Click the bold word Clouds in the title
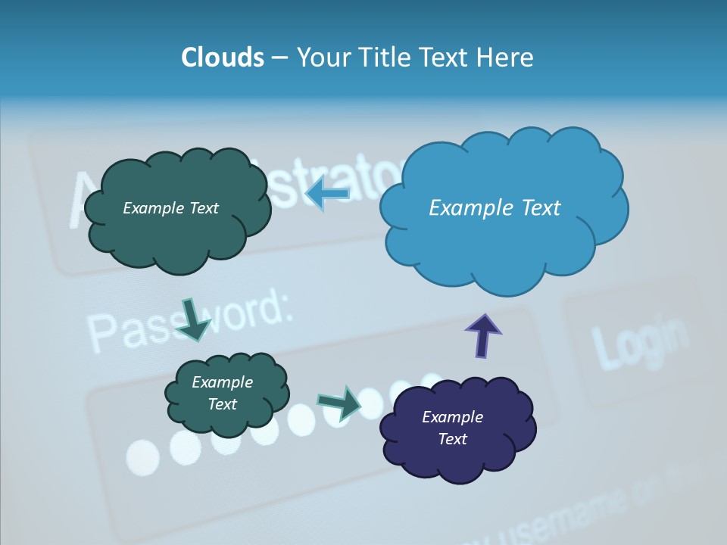coord(222,58)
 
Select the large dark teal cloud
coord(176,235)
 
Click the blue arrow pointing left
coord(327,195)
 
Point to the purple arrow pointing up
coord(482,334)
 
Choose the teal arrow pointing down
coord(194,318)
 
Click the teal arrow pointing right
coord(339,402)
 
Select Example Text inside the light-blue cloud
coord(495,208)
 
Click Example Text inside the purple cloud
coord(452,428)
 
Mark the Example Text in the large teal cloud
coord(170,208)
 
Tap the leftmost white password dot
coord(142,456)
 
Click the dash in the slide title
coord(279,58)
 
